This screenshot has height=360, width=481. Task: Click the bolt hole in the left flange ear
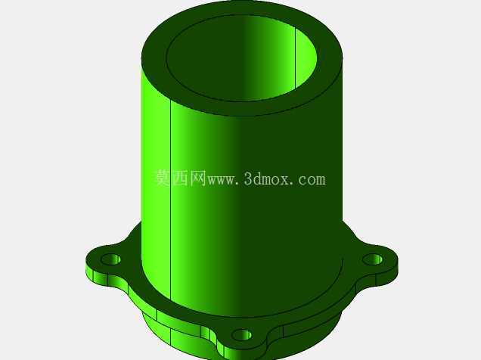click(x=110, y=259)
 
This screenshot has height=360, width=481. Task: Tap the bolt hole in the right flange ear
click(x=373, y=259)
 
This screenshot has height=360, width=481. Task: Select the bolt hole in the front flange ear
click(x=242, y=335)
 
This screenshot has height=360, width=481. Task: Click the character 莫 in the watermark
click(x=163, y=178)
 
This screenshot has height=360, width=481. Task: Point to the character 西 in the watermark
click(x=180, y=178)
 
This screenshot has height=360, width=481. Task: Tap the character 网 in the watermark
click(x=197, y=178)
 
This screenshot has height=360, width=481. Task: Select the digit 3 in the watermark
click(x=249, y=179)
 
